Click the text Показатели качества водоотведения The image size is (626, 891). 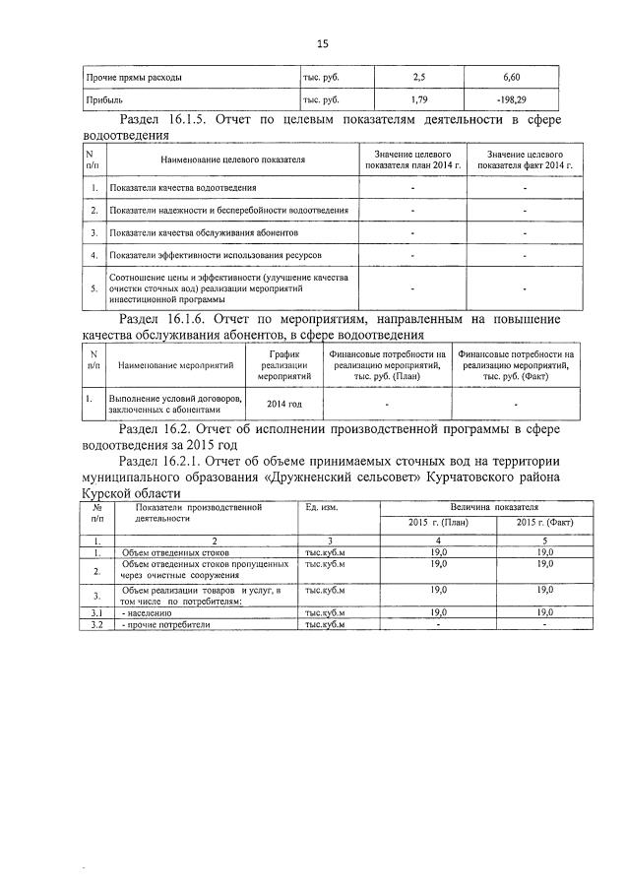[x=184, y=187]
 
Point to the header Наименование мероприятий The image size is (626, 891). [x=175, y=364]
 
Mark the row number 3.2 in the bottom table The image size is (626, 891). [x=96, y=624]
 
